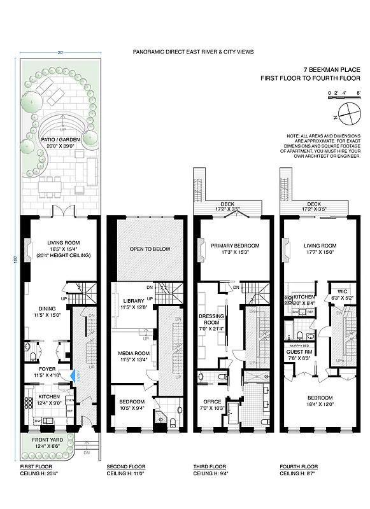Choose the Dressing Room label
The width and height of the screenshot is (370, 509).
(x=209, y=318)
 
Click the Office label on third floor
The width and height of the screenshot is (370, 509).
(x=211, y=402)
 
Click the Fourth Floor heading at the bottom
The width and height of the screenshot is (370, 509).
(x=298, y=466)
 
